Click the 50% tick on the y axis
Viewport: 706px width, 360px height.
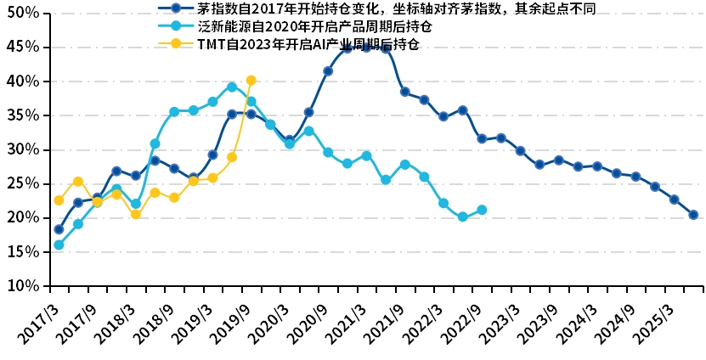[x=24, y=14]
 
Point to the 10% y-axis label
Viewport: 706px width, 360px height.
[x=24, y=286]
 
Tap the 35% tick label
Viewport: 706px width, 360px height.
[x=24, y=115]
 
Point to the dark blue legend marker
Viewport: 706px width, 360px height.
[x=176, y=8]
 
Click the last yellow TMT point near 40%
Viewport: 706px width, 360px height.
[x=251, y=81]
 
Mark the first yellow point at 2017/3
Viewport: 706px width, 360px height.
[x=59, y=200]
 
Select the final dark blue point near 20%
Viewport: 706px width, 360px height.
[x=693, y=215]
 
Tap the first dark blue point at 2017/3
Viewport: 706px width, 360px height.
[x=59, y=229]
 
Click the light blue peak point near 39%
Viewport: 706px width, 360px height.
[x=232, y=87]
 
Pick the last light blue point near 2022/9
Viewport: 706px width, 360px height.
[x=482, y=210]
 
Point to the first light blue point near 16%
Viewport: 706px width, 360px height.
[x=59, y=245]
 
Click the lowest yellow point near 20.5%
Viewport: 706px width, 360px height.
[x=136, y=214]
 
